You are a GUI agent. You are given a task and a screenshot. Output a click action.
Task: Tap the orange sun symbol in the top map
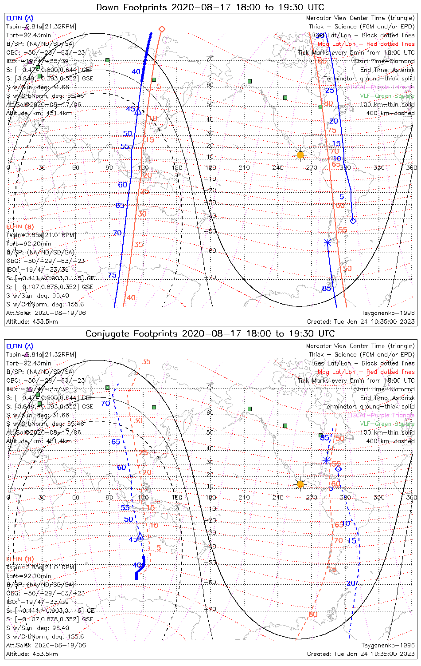300,155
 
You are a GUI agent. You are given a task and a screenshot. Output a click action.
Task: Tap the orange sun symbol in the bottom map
300,484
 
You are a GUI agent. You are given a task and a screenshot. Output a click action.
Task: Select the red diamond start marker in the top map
162,29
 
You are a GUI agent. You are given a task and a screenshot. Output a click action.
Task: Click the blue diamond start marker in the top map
353,221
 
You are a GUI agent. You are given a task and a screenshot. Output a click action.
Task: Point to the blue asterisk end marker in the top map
327,242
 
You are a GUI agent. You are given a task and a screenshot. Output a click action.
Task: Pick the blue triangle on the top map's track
138,111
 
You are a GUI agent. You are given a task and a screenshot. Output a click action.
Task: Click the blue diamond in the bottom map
338,469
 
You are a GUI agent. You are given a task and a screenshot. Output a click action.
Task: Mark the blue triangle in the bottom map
140,537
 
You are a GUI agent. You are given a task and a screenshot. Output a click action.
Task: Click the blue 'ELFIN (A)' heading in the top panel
19,18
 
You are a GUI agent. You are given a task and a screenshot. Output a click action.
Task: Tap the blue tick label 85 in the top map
326,289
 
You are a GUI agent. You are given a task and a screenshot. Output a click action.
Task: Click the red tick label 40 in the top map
131,297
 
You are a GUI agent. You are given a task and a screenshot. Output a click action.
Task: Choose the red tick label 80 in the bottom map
313,614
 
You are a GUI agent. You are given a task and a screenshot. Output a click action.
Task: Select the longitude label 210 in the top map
244,168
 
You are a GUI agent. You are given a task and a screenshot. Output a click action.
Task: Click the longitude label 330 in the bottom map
379,497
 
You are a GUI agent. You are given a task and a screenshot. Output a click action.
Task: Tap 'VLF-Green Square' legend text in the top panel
387,96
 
